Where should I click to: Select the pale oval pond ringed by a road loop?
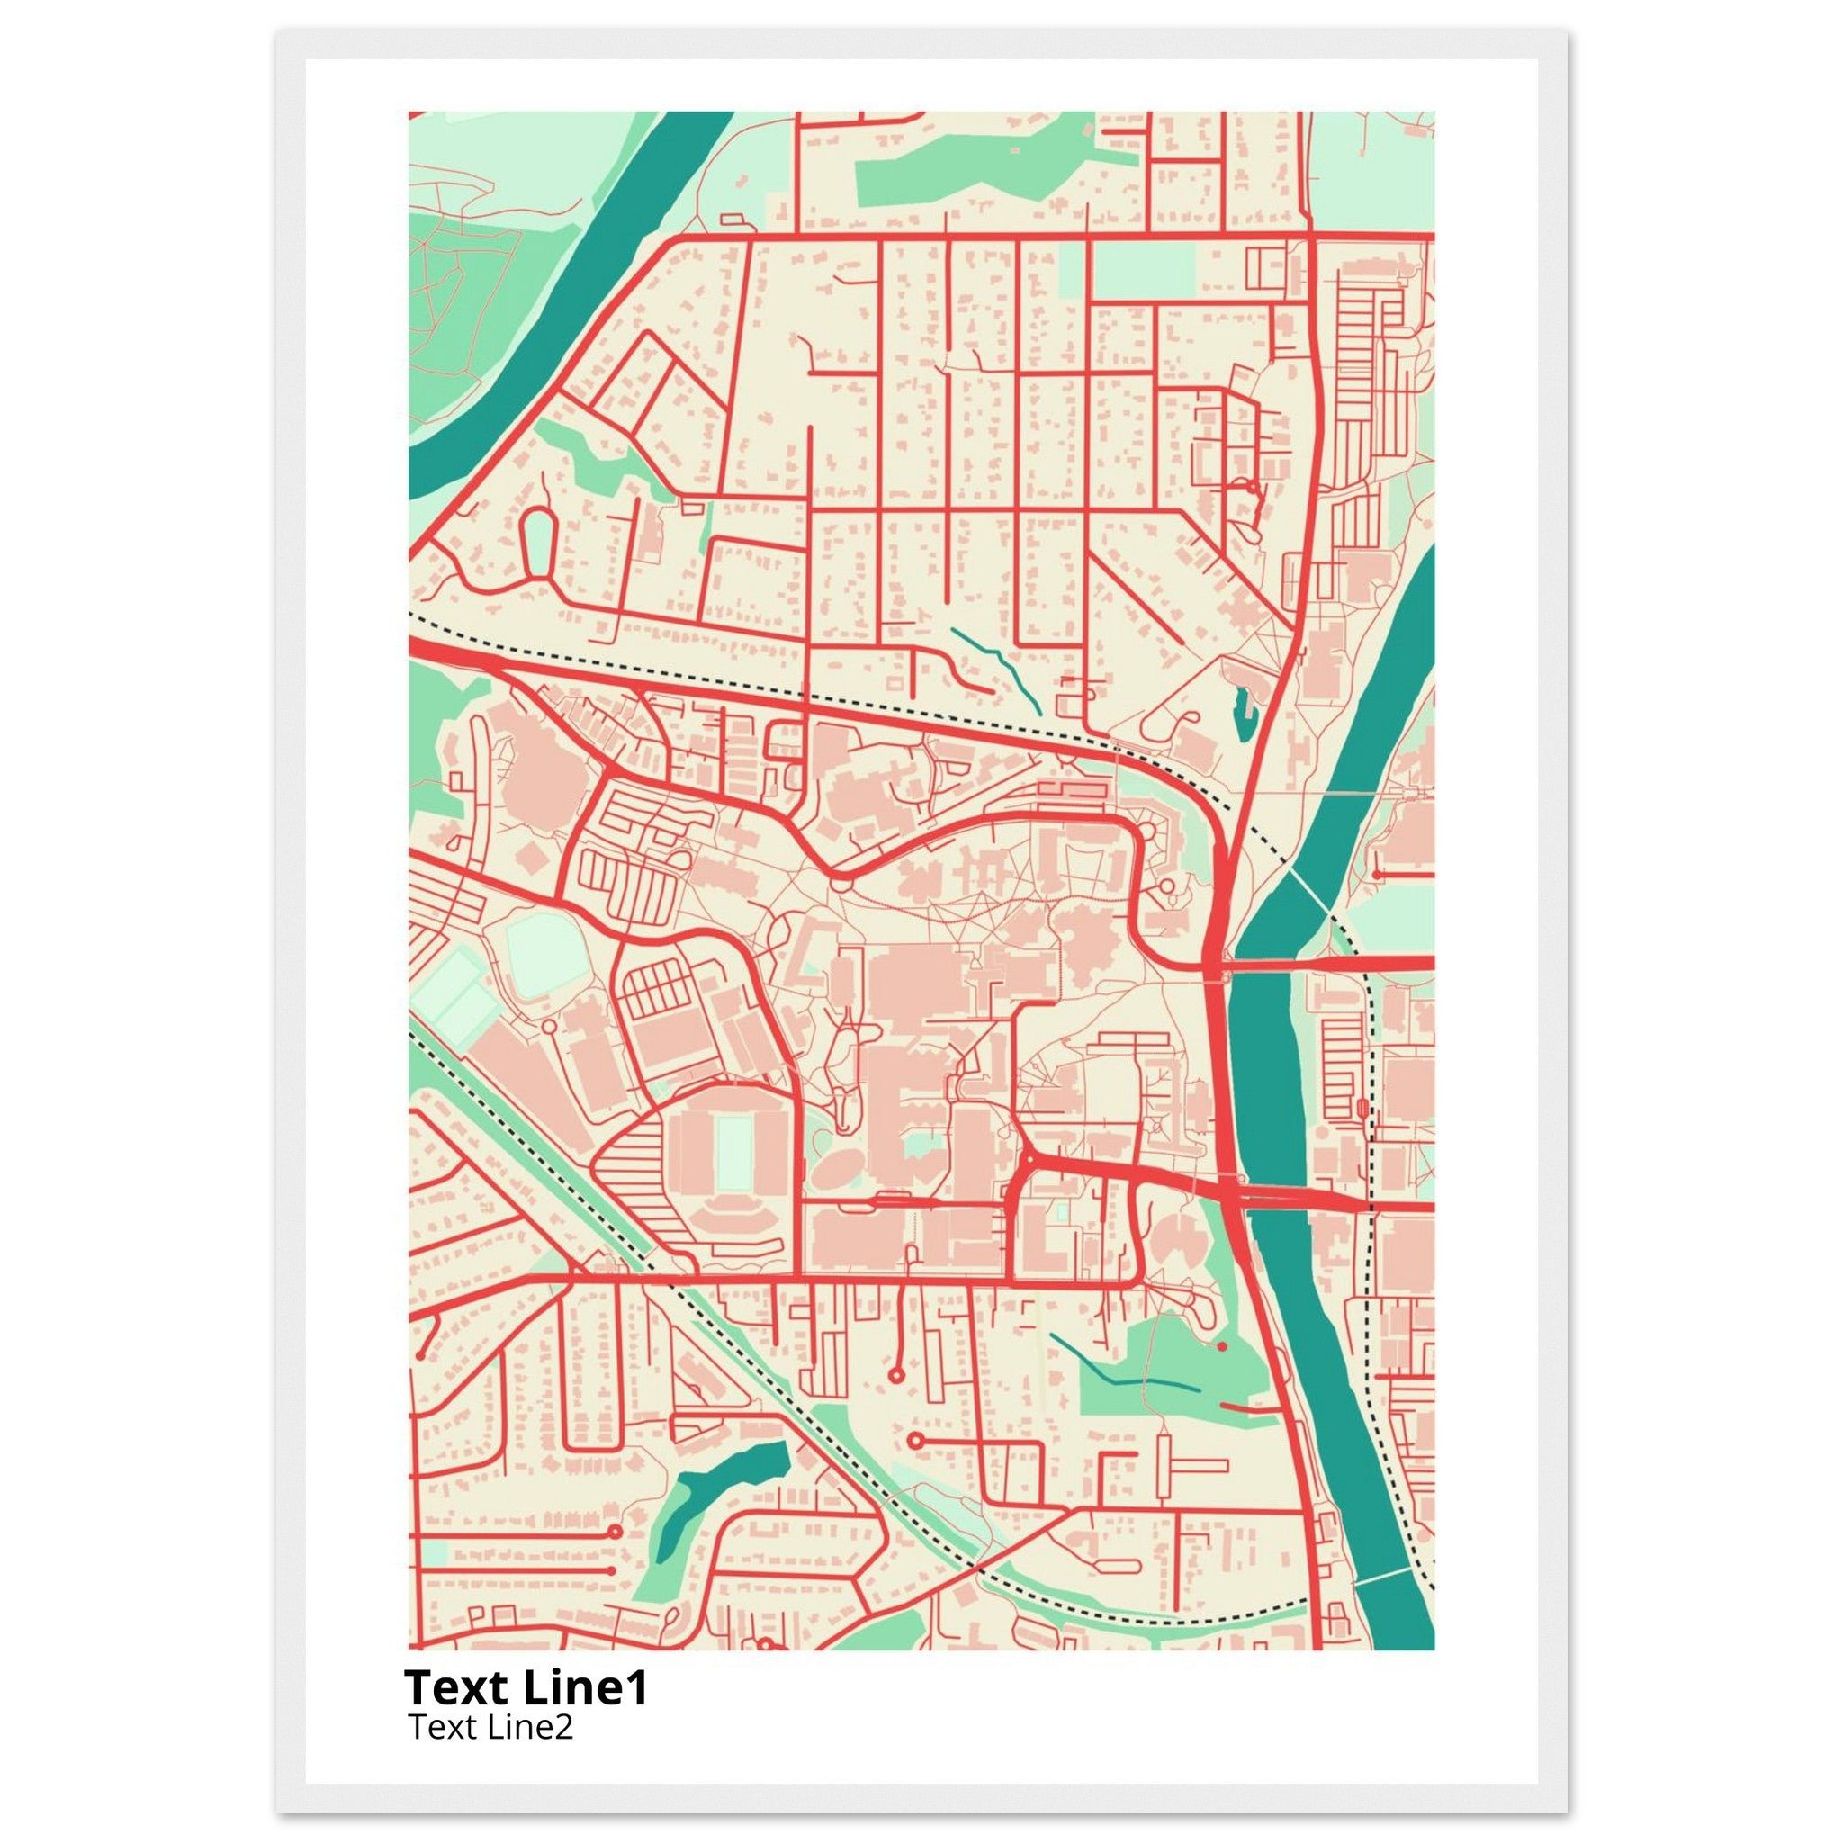click(538, 542)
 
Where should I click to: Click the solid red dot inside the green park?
click(1221, 1346)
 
